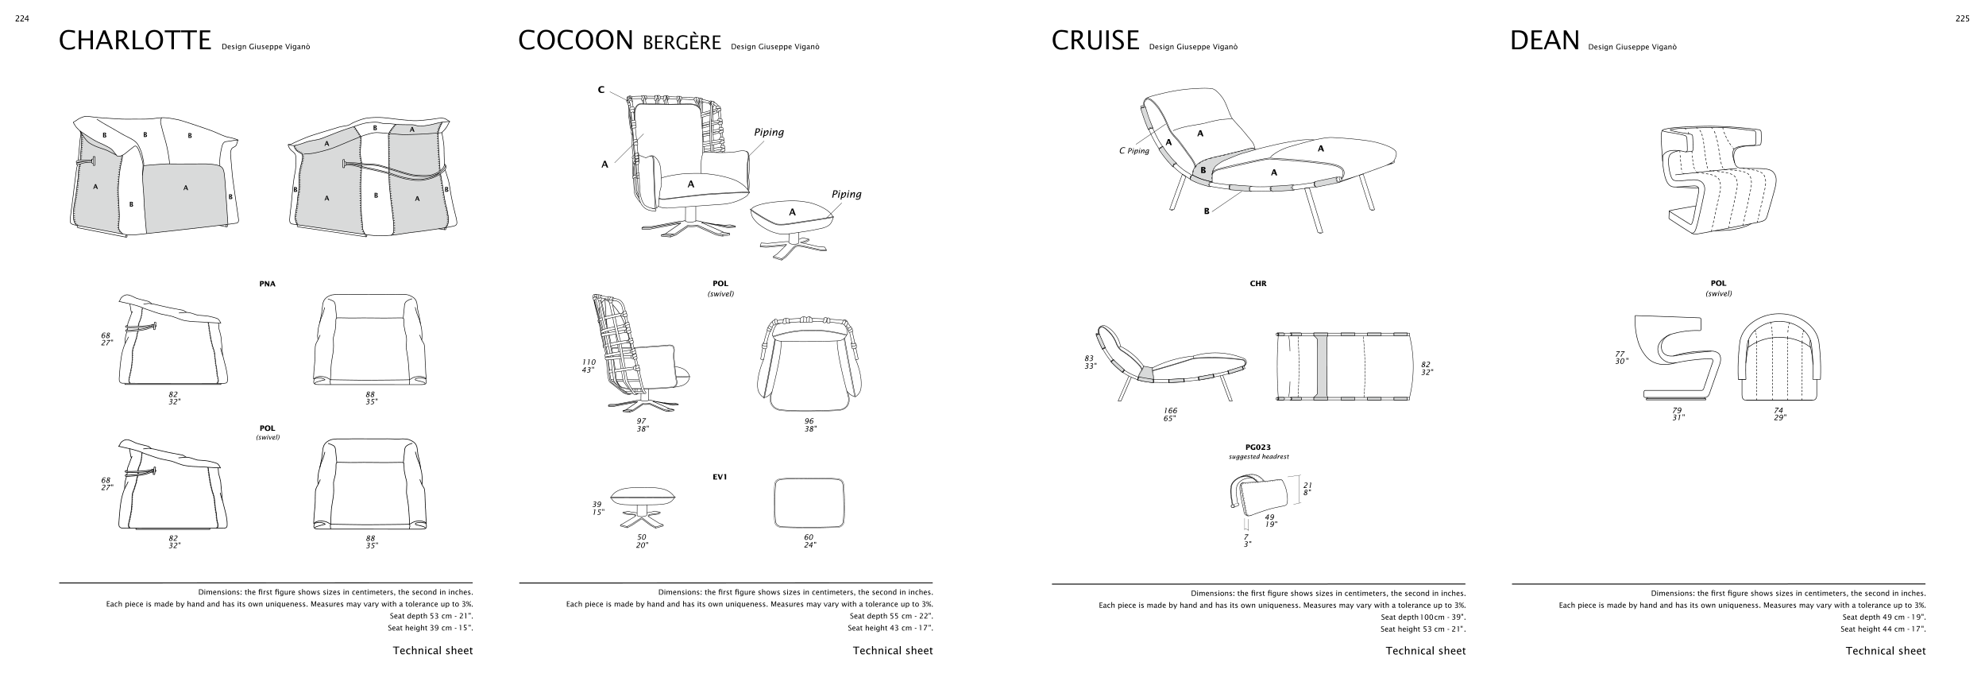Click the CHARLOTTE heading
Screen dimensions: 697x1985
(x=135, y=41)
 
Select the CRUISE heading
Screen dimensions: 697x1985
(x=1095, y=41)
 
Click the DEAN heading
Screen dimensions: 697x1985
(x=1544, y=41)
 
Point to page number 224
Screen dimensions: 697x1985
(x=22, y=20)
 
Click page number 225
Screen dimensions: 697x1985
(x=1962, y=20)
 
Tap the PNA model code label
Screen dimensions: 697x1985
(x=267, y=284)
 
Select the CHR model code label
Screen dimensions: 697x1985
(x=1257, y=284)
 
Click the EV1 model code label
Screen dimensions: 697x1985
(x=720, y=478)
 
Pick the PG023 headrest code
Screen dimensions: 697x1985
(x=1258, y=447)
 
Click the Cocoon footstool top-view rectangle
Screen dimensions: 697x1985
(x=809, y=502)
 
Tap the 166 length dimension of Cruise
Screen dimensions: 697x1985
(x=1170, y=411)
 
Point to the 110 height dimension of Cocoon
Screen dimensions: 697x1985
(x=589, y=362)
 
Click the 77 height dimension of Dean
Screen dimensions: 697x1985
(x=1620, y=354)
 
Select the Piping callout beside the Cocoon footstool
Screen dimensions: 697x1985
(x=846, y=194)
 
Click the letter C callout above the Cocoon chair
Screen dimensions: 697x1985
(x=601, y=90)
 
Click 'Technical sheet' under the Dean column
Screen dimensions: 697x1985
(x=1885, y=651)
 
